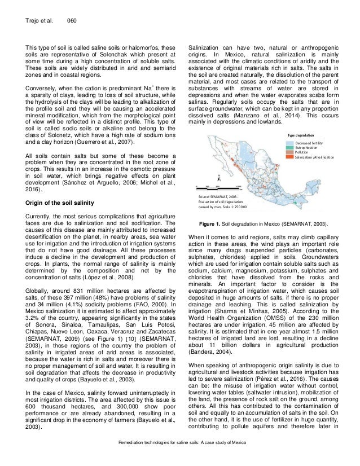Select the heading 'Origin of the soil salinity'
tap(63, 202)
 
